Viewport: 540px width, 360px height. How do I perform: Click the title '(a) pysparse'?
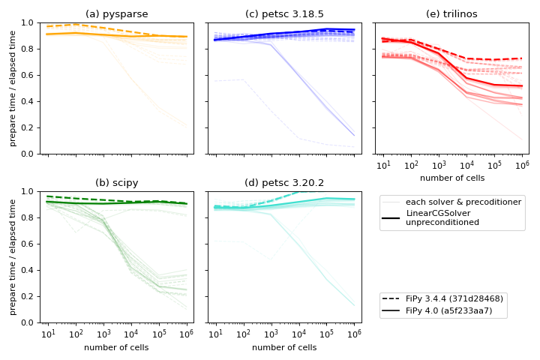coord(117,14)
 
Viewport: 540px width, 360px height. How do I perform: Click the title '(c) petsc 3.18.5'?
coord(284,14)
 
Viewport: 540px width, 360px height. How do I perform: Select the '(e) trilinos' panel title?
coord(451,14)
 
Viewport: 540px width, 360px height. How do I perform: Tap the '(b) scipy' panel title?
coord(117,183)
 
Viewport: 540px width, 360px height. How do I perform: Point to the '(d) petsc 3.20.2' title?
coord(284,183)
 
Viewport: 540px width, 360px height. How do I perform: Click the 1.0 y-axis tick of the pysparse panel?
coord(32,22)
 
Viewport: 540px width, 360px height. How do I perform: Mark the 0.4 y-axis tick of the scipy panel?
coord(32,270)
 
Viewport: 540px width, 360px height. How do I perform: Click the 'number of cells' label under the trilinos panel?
coord(451,178)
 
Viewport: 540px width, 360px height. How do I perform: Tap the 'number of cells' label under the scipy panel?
coord(117,347)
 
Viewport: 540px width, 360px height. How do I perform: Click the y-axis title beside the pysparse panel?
coord(13,88)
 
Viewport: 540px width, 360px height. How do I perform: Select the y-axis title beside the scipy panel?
coord(13,257)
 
